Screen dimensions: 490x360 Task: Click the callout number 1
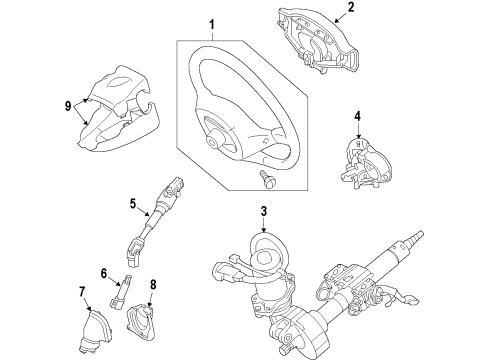[211, 25]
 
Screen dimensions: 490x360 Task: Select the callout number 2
[351, 7]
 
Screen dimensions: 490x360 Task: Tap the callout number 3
[264, 211]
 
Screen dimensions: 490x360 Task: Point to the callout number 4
[358, 116]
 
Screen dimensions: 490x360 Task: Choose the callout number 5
[133, 203]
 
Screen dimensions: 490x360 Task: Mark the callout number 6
[104, 274]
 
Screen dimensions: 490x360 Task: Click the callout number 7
[82, 291]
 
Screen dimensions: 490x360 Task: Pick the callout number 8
[153, 285]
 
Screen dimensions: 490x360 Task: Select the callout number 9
[68, 106]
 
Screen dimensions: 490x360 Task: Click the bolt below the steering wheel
[268, 179]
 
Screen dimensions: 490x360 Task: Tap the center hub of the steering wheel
[214, 141]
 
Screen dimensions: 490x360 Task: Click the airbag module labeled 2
[317, 42]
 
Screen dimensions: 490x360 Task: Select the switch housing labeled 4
[365, 164]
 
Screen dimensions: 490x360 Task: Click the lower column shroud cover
[118, 128]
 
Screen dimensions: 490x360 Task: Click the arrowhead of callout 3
[264, 230]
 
